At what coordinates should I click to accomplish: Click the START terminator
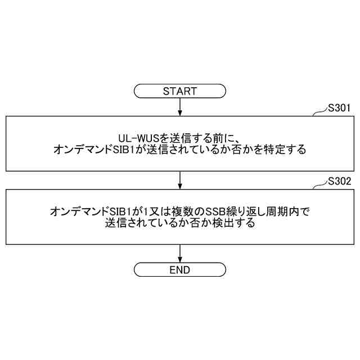coord(179,91)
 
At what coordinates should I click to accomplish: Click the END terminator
coord(179,270)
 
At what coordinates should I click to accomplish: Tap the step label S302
coord(340,181)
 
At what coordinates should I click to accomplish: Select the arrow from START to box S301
coord(179,106)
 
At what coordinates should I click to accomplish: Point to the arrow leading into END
coord(179,253)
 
